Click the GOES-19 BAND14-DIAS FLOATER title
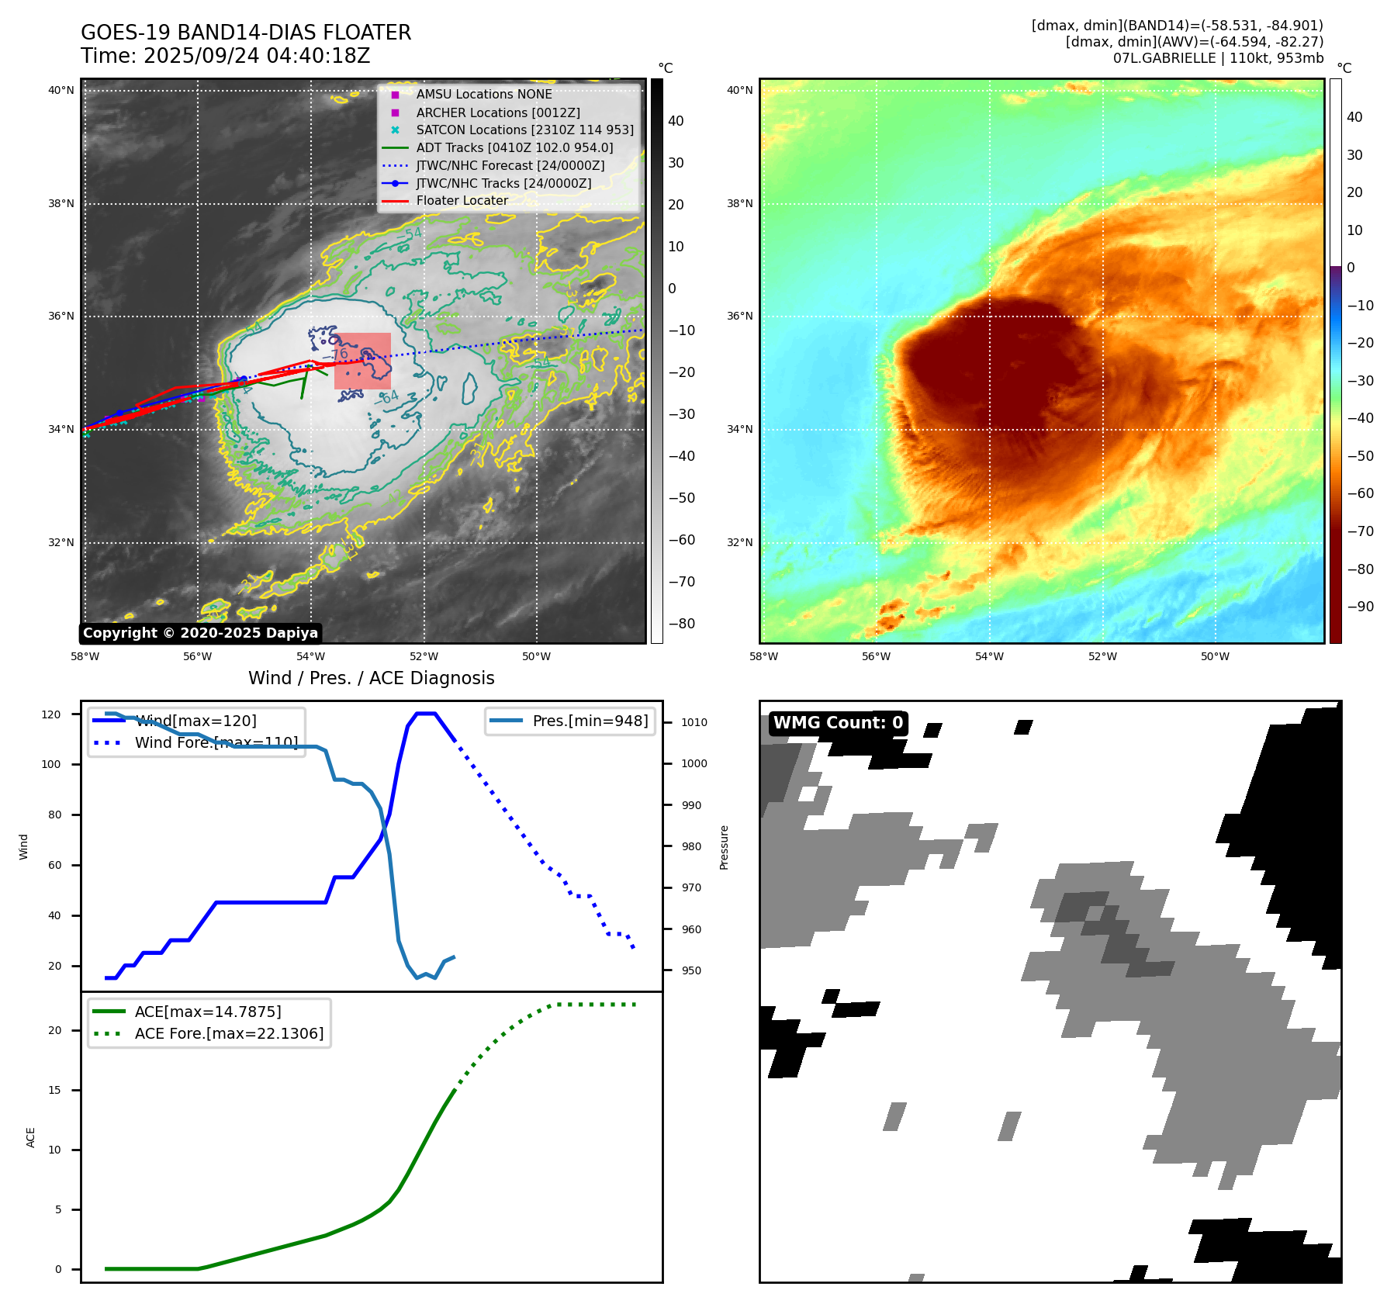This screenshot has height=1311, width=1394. click(246, 33)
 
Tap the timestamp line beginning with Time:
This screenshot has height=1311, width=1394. click(225, 56)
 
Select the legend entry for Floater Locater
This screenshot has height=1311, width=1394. click(462, 201)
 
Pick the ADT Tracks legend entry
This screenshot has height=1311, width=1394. click(514, 147)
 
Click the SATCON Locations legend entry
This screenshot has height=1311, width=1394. click(524, 130)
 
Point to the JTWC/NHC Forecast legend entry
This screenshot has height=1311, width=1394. click(510, 165)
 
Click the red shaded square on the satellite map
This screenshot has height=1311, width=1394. click(362, 361)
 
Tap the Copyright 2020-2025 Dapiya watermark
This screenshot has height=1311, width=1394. click(200, 633)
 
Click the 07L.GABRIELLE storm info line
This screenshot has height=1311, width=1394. click(1218, 58)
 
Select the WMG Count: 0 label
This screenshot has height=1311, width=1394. click(838, 723)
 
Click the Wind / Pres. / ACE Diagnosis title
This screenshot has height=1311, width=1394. click(371, 678)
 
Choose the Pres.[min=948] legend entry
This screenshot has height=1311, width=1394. click(590, 721)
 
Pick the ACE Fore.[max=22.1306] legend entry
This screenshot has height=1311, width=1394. click(229, 1033)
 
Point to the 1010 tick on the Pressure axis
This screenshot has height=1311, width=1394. click(694, 722)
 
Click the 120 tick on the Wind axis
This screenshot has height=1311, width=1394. click(51, 714)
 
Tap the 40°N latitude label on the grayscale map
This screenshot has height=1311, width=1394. click(61, 90)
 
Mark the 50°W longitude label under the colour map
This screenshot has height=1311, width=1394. click(1215, 656)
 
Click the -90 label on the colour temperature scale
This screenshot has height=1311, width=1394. click(1360, 607)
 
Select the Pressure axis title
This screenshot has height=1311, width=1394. click(725, 847)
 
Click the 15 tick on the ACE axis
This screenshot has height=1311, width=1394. click(55, 1090)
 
